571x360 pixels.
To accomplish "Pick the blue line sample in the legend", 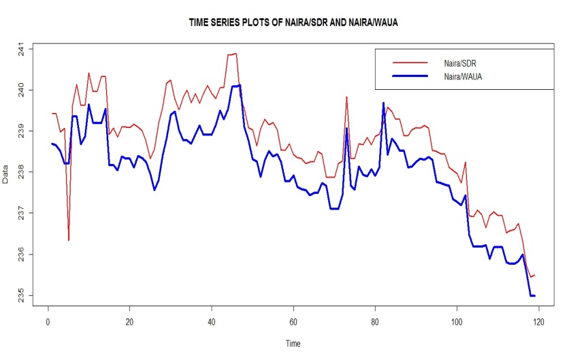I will tap(409, 77).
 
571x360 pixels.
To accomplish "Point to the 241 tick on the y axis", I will tap(22, 50).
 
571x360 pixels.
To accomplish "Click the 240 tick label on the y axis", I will tap(22, 91).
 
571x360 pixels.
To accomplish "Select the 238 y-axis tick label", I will tap(22, 173).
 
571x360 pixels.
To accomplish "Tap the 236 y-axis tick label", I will tap(22, 255).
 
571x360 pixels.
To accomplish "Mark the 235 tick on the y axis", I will tap(22, 297).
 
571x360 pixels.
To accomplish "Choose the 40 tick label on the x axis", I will tap(212, 321).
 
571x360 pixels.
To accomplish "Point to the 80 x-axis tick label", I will tap(375, 321).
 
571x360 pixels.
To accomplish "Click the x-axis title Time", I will tap(292, 344).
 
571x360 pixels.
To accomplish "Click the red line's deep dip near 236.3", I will tap(69, 240).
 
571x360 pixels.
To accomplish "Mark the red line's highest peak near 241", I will tap(235, 53).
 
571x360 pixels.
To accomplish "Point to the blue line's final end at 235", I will tap(534, 295).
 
